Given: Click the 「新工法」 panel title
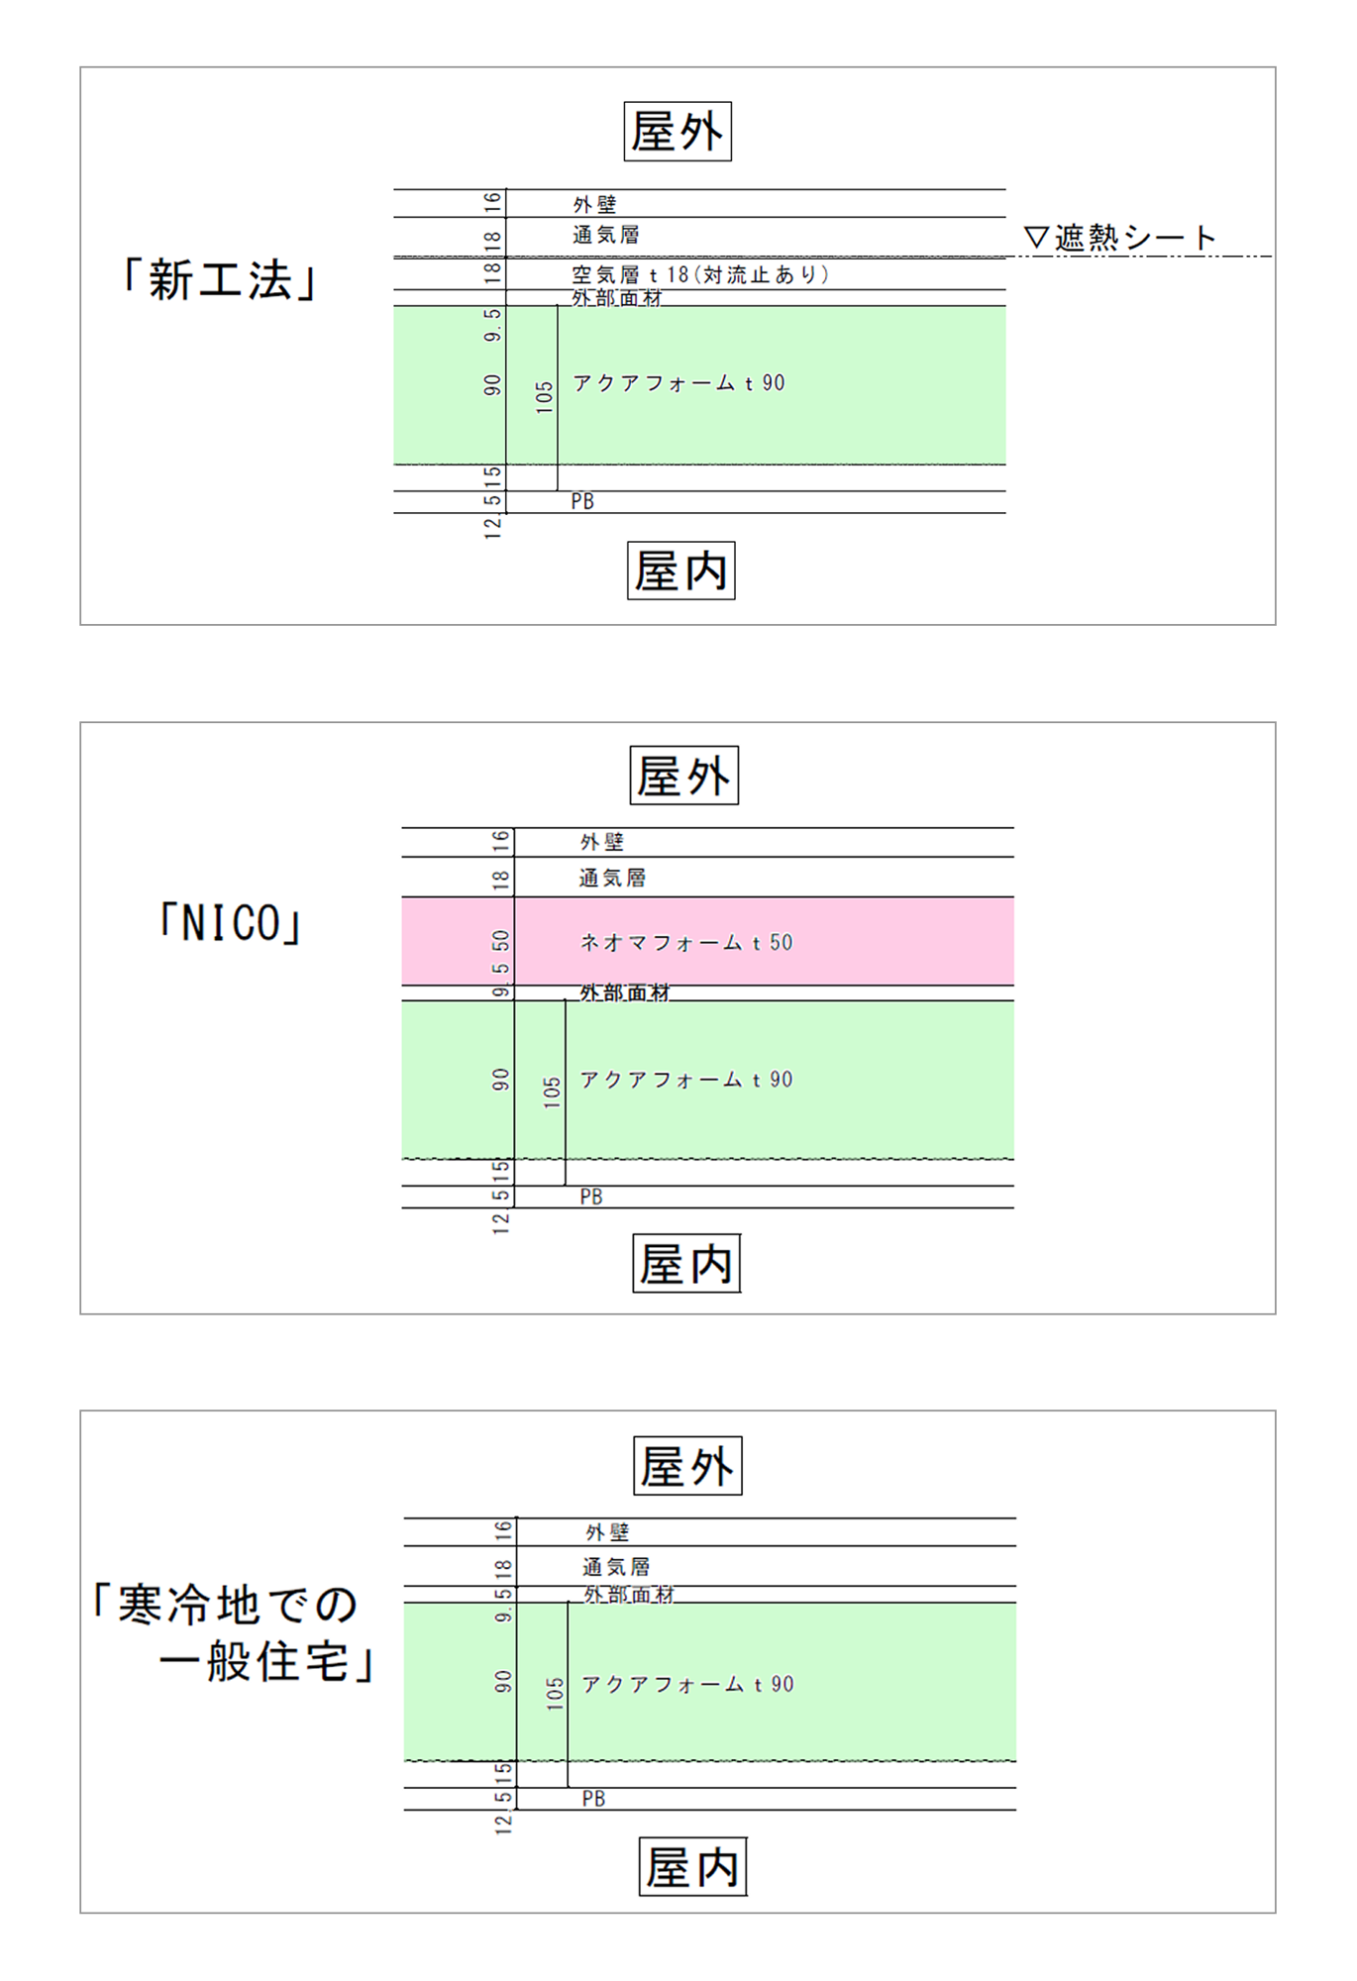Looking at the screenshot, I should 218,280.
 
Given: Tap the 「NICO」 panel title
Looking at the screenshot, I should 230,924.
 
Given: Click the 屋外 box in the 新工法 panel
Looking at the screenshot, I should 678,132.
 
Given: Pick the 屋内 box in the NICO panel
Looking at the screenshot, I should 685,1264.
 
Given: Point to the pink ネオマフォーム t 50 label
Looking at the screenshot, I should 685,943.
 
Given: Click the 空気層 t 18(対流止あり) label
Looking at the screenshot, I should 699,274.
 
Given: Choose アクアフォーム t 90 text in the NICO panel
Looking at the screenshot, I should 685,1080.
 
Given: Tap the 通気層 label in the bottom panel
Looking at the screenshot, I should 616,1567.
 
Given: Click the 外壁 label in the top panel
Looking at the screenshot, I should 594,204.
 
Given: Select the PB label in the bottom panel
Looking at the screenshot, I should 593,1799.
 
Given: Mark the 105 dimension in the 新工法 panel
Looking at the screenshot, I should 544,397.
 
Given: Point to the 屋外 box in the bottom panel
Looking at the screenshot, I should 687,1466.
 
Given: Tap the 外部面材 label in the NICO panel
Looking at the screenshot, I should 624,991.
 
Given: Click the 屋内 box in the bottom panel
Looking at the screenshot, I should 692,1867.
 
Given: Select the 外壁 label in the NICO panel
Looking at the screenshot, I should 602,842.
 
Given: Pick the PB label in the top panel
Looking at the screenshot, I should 582,502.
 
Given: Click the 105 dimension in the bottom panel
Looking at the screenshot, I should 555,1693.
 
